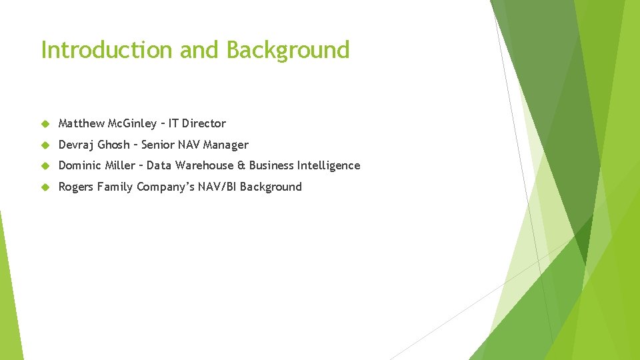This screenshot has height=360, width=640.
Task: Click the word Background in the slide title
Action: click(287, 50)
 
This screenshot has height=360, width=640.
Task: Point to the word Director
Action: click(204, 123)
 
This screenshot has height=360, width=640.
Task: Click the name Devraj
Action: click(76, 145)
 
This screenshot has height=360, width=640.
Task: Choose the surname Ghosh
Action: click(114, 145)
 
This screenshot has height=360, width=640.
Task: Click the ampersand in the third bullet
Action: click(241, 165)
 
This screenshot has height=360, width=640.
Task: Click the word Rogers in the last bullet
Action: click(76, 187)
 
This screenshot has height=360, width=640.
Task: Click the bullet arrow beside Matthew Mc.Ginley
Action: click(45, 123)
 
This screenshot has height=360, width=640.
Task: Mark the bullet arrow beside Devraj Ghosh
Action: click(45, 145)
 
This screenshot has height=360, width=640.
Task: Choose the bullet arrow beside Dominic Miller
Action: click(45, 165)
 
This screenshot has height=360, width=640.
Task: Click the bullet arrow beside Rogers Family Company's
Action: click(45, 187)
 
